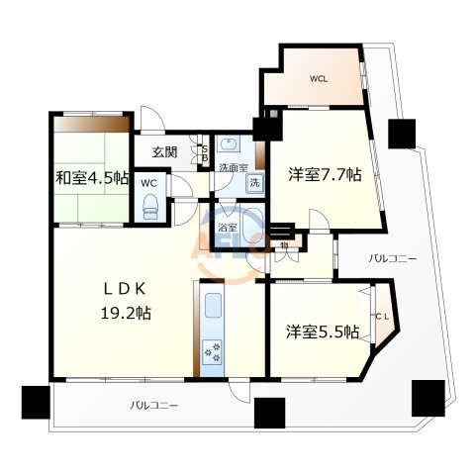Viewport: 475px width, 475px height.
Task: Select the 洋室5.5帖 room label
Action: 317,333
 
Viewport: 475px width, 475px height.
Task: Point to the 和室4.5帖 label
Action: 91,178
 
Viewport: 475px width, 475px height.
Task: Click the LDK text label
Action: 127,289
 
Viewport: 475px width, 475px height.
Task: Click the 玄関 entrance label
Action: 164,152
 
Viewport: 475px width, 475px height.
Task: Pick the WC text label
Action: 149,183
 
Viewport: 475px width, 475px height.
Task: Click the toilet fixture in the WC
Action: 151,205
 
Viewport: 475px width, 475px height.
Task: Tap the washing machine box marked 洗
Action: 254,183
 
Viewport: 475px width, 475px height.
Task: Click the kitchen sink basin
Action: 213,308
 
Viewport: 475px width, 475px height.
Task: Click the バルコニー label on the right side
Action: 393,258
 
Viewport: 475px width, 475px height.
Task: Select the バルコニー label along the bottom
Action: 153,406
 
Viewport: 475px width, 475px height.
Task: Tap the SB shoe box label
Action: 205,152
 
